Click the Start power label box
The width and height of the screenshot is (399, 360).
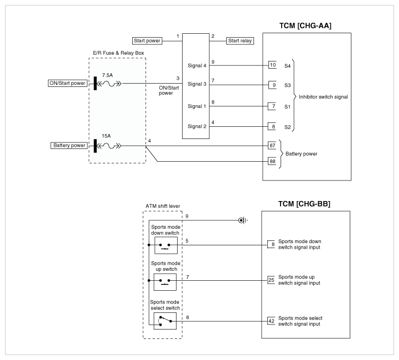tap(147, 41)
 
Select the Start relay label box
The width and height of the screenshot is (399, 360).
tap(240, 41)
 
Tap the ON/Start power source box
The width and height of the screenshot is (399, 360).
tap(68, 83)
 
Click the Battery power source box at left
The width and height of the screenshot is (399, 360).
tap(69, 145)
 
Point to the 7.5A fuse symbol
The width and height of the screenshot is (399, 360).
tap(110, 83)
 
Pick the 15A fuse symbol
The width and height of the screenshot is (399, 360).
tap(110, 146)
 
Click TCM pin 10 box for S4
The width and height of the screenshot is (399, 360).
tap(272, 65)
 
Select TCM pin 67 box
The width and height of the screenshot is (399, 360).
tap(272, 146)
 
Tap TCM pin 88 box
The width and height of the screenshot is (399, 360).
tap(272, 161)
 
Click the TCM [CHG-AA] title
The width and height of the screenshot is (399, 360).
tap(305, 25)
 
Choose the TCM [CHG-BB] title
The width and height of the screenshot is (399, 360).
tap(304, 204)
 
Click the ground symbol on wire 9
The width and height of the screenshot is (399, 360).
tap(242, 220)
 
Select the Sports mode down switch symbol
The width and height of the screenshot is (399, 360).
tap(166, 245)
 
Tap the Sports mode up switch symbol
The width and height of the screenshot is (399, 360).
tap(165, 282)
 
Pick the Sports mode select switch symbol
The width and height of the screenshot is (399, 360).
tap(165, 321)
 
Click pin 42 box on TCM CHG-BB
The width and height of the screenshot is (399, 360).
tap(271, 321)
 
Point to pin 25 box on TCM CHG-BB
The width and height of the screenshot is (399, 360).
tap(271, 280)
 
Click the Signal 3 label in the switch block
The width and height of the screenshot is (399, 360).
tap(197, 84)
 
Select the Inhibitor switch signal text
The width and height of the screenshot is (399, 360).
tap(323, 97)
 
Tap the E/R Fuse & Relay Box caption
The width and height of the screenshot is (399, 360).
tap(118, 53)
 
